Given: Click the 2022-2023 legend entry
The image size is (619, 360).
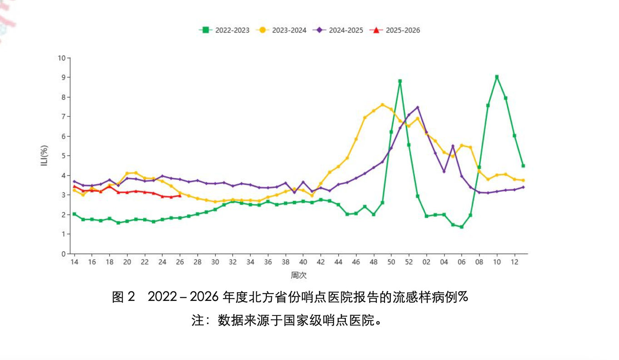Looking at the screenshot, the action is (x=224, y=30).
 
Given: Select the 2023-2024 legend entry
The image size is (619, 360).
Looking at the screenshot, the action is (x=281, y=30).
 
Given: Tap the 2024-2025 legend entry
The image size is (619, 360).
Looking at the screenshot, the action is (x=338, y=30).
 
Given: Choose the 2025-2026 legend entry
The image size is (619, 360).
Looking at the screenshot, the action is (x=395, y=30).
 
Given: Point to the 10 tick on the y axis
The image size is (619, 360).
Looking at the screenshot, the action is (x=62, y=58).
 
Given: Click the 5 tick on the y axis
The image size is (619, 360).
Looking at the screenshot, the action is (x=64, y=156).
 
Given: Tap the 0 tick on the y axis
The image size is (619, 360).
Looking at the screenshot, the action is (x=64, y=254).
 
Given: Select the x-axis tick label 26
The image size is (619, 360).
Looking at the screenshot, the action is (x=180, y=262).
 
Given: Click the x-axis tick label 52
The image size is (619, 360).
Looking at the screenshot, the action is (x=409, y=262).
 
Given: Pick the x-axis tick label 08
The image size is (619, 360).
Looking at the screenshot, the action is (x=479, y=262).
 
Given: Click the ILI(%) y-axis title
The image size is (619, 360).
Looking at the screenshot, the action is (x=44, y=155).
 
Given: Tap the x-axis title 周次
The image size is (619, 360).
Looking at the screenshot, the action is (x=299, y=275).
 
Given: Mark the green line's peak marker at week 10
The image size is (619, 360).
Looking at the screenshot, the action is (x=497, y=77).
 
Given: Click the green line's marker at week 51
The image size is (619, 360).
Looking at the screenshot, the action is (x=400, y=81).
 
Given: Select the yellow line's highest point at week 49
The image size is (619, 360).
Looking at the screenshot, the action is (x=383, y=105).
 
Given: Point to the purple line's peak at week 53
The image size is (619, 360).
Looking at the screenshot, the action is (x=418, y=107).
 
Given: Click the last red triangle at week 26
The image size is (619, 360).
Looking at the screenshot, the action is (x=180, y=195).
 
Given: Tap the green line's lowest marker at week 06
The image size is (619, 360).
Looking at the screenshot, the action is (x=461, y=227).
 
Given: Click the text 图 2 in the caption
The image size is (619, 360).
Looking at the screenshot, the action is (x=124, y=297).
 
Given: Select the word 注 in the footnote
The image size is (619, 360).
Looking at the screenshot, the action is (x=198, y=320).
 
